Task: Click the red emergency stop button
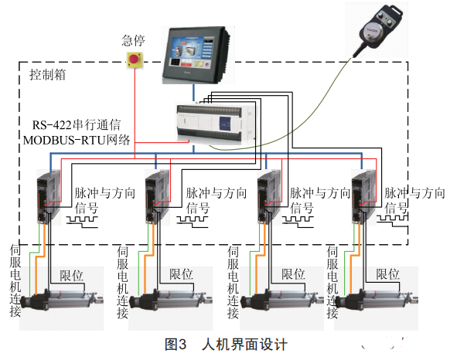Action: [x=135, y=60]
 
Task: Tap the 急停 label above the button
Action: [x=133, y=40]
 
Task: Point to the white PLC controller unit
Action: [x=215, y=123]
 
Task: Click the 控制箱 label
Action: [x=48, y=75]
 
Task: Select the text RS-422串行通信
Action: [x=77, y=125]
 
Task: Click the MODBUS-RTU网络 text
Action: [x=77, y=140]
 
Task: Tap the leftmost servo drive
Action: [x=49, y=197]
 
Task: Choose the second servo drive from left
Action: [x=157, y=197]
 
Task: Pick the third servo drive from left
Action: [x=269, y=197]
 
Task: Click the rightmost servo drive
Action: [x=363, y=197]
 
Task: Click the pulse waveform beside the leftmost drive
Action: [x=83, y=222]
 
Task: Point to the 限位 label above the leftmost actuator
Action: [x=71, y=276]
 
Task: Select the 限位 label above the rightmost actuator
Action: [x=387, y=274]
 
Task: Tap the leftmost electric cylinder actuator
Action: [x=62, y=300]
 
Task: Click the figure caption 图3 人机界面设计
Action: [x=226, y=345]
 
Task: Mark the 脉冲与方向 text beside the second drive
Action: [x=216, y=193]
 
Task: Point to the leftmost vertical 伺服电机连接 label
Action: [x=15, y=280]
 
